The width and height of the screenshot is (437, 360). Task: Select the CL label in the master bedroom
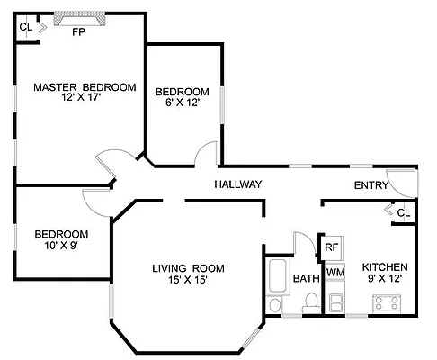[25, 27]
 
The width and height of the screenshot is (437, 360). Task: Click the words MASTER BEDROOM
[85, 87]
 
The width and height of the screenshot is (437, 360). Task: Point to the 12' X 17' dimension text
[85, 99]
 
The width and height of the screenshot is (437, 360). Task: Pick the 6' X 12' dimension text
[183, 103]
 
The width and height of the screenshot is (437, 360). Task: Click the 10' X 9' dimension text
[60, 245]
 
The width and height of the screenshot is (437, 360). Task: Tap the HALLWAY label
[237, 184]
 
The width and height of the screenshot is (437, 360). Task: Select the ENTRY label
[371, 185]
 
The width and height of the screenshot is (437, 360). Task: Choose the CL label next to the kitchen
[403, 213]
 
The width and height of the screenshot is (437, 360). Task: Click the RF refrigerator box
[332, 246]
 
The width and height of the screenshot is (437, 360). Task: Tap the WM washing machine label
[334, 272]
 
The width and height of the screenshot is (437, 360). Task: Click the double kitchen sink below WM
[336, 301]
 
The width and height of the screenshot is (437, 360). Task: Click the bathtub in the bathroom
[277, 288]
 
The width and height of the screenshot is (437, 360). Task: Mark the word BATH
[307, 279]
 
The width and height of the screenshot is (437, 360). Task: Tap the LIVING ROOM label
[188, 268]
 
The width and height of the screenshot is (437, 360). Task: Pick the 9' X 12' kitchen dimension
[385, 279]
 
